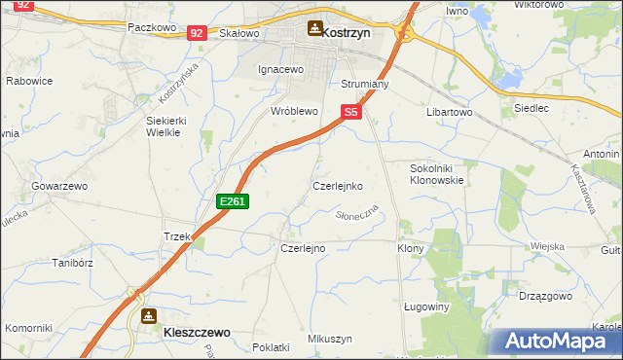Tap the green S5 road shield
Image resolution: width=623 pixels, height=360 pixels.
(351, 113)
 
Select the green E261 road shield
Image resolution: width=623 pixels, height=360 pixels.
(234, 201)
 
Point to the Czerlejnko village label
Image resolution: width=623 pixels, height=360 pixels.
(338, 185)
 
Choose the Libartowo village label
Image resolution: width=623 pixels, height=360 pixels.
(449, 113)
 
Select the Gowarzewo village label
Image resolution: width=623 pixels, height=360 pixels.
(60, 185)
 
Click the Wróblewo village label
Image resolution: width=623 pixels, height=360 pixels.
(295, 112)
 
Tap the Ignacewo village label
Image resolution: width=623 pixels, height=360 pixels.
(281, 70)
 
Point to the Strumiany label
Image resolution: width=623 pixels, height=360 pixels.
(365, 85)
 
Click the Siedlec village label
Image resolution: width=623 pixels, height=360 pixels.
(531, 108)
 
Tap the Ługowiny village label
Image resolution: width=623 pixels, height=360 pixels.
(425, 306)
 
